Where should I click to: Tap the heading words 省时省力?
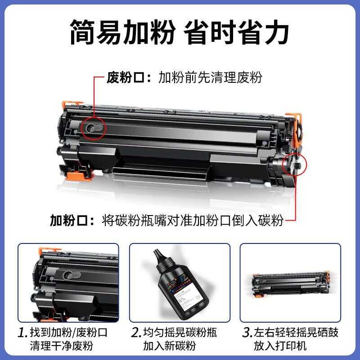click(238, 32)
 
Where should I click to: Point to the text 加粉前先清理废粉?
click(210, 77)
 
